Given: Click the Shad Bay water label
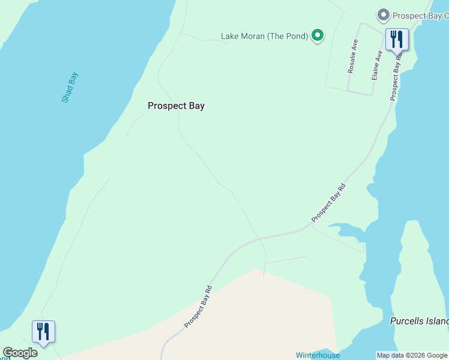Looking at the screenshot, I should pos(70,88).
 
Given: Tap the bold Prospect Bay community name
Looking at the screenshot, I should pos(176,106).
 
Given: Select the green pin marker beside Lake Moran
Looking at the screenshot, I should pos(318,36).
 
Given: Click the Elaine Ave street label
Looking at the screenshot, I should pos(377,65).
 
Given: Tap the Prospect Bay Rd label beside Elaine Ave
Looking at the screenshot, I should pos(396,78).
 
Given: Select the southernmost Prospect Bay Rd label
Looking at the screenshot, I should pos(199,306).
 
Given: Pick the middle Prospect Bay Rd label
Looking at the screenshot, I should pos(330,204).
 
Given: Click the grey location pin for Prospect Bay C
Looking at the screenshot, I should pos(382,15).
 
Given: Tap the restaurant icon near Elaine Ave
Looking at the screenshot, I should pos(397,40).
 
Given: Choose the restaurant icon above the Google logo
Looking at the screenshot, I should pos(43,331).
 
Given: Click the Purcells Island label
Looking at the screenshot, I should pos(419,322).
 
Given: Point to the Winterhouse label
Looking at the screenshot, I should pos(318,355).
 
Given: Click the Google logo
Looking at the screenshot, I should pos(20,353).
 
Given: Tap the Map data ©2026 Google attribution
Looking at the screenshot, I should pos(412,356).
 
